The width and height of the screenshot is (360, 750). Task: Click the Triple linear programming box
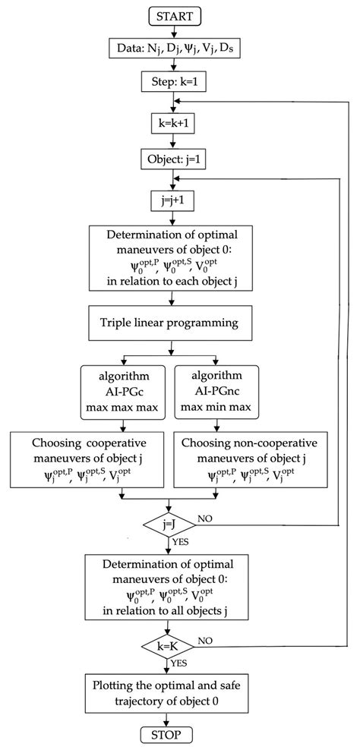pyautogui.click(x=171, y=323)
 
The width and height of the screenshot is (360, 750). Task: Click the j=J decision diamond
pyautogui.click(x=171, y=525)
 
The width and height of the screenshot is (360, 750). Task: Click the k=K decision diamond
pyautogui.click(x=171, y=645)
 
